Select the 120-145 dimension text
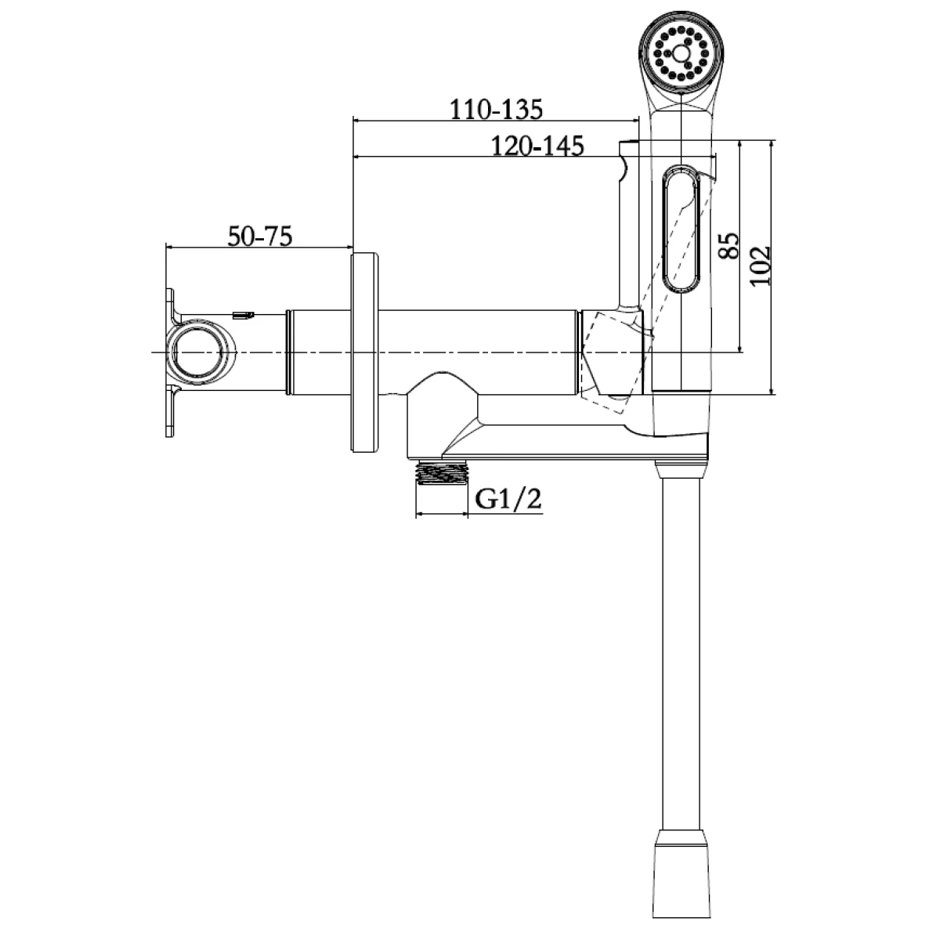[x=537, y=146]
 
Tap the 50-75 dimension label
[x=260, y=237]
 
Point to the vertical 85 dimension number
[x=728, y=245]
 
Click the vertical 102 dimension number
[x=759, y=266]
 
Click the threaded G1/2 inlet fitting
[x=442, y=472]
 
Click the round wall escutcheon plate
[x=364, y=352]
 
